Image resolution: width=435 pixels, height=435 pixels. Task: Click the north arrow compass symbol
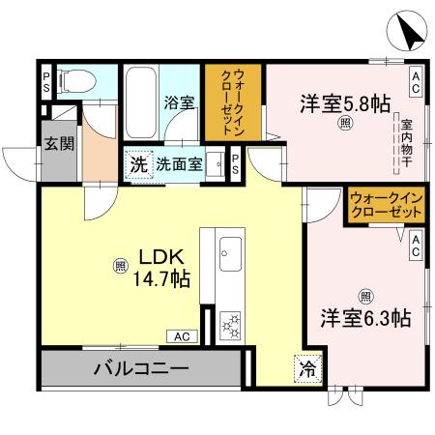tap(409, 34)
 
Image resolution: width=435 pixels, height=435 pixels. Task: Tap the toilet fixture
tap(75, 84)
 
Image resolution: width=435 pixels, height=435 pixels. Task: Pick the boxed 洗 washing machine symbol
tap(139, 164)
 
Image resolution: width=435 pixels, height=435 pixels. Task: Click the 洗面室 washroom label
tap(180, 164)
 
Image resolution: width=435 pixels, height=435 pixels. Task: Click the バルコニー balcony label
tap(140, 368)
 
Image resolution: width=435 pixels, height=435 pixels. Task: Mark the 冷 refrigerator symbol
tap(305, 369)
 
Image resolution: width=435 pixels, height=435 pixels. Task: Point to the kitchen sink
tap(230, 255)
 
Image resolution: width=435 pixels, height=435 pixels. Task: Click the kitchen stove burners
tap(231, 324)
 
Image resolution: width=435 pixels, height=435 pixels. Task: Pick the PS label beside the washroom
tap(235, 164)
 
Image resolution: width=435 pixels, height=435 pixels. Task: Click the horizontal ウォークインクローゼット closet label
tap(387, 203)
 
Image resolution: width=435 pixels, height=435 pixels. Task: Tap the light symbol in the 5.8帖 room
tap(344, 123)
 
